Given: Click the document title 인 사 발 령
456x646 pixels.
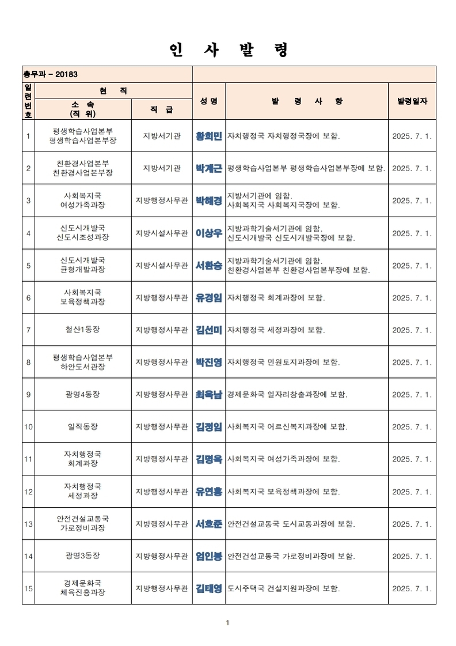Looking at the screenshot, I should coord(229,50).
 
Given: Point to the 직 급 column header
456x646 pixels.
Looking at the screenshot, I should coord(161,109).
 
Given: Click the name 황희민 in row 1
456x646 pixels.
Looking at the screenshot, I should coord(208,136).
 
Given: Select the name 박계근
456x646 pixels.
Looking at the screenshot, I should coord(208,168).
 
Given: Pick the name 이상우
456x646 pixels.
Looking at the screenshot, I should coord(208,233).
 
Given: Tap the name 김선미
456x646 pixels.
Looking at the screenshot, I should coord(208,330).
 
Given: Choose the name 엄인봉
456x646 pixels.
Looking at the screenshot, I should coord(208,556).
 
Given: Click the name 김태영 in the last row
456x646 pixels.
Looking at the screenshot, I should coord(208,588).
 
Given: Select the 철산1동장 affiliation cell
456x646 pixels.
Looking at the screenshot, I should coord(83,330).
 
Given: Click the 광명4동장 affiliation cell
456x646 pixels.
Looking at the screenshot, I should coord(83,395).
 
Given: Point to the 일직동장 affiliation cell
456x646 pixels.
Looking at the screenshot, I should coord(83,427).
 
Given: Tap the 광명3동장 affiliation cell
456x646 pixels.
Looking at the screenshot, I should coord(83,556).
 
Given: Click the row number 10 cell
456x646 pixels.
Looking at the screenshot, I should coord(28,427).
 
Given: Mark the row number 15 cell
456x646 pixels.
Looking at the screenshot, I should coord(28,588).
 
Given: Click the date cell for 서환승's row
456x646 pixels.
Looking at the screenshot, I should coord(412,266).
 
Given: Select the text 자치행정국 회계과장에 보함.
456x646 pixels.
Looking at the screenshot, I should coord(276,298).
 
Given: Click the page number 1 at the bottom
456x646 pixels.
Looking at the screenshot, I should coord(228,622).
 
